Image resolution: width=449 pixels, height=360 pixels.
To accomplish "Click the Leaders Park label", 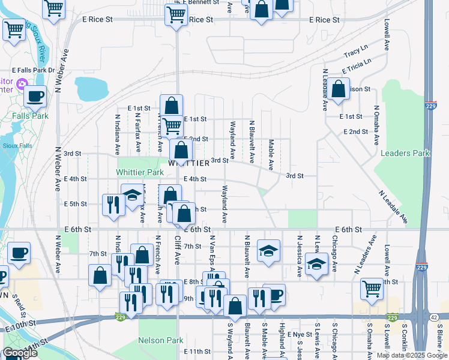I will (x=405, y=153).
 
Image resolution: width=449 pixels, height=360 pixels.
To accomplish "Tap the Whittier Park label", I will (x=139, y=172).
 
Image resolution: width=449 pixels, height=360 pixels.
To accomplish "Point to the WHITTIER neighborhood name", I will (x=188, y=163).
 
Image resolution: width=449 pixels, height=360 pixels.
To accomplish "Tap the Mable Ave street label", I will (x=271, y=155).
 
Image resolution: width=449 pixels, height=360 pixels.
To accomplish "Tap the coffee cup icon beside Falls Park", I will (x=35, y=96).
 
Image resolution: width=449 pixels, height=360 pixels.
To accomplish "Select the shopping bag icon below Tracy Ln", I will (x=339, y=89).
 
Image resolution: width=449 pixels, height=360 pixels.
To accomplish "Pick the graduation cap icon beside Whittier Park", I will (x=133, y=194).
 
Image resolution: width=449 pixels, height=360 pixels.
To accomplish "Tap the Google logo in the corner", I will (x=20, y=353).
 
